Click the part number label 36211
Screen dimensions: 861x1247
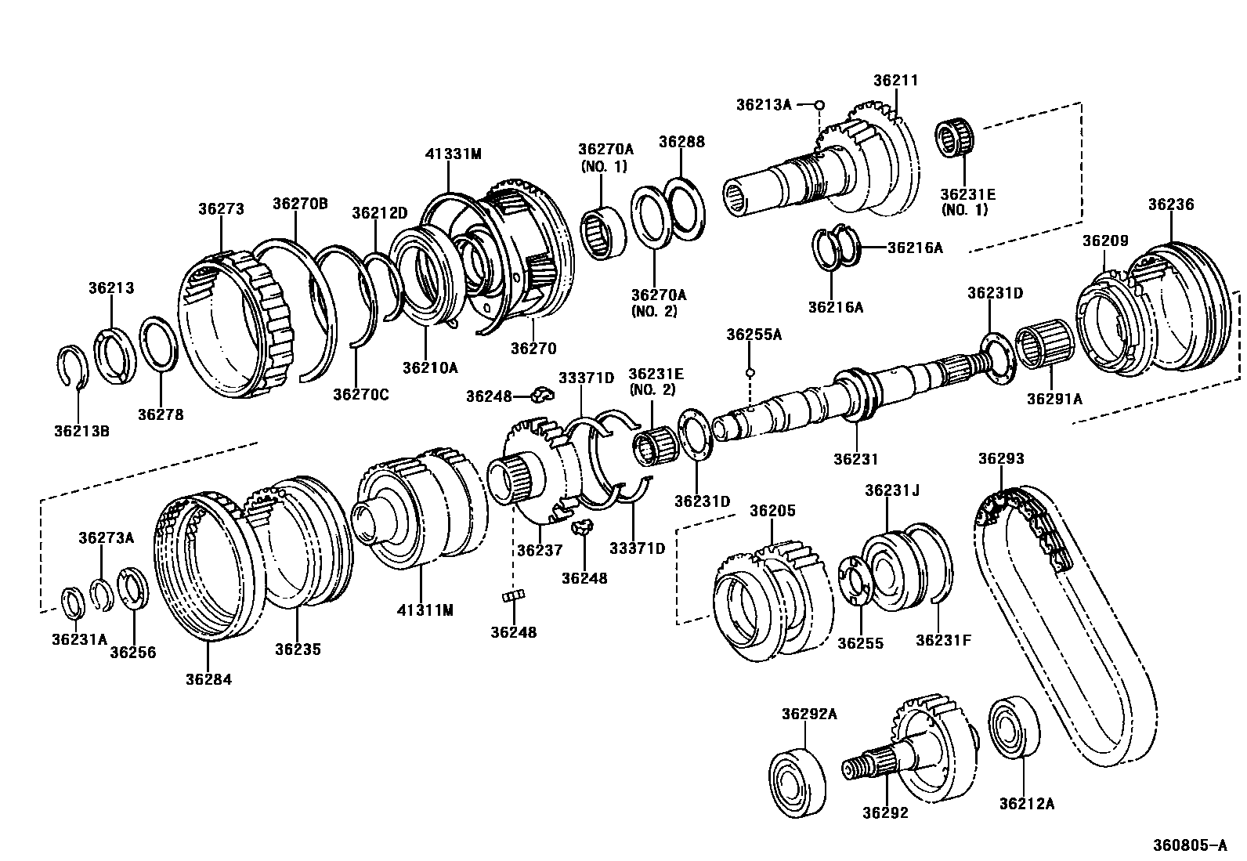pos(895,81)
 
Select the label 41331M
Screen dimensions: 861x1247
pos(452,154)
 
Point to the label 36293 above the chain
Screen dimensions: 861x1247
pos(1000,459)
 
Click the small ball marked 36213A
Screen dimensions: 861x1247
pos(819,104)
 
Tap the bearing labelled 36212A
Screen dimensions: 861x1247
pos(1014,726)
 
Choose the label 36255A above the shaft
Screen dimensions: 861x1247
pos(754,335)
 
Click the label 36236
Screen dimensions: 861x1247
pos(1171,204)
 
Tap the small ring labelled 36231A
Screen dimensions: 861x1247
pos(74,602)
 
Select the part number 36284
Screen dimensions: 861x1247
pos(208,678)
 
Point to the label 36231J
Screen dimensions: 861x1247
pos(891,490)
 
